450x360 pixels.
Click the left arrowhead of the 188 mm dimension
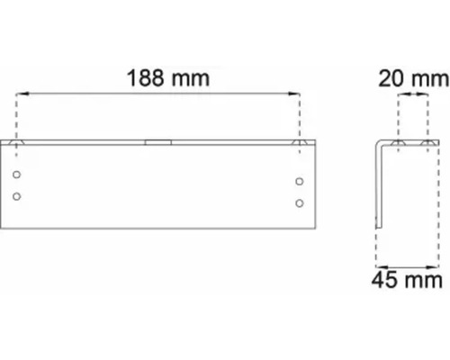tap(22, 92)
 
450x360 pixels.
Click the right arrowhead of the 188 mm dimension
tap(294, 92)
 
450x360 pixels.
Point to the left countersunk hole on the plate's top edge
tap(18, 142)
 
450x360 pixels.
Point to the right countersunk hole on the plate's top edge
tap(300, 142)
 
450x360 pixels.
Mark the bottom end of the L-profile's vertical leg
tap(382, 225)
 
